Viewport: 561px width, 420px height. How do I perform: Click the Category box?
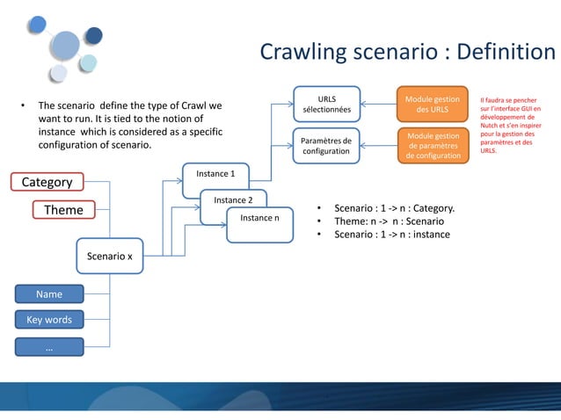tap(47, 182)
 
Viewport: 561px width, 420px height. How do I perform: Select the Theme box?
tap(63, 210)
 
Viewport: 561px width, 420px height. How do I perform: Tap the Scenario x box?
tap(109, 257)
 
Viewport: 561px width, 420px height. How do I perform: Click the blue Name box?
tap(48, 293)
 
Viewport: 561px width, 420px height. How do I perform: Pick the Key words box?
tap(48, 320)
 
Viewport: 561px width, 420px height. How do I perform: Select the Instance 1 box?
tap(215, 174)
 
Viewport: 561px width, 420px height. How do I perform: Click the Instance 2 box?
tap(233, 200)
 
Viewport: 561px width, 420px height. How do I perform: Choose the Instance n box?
tap(259, 218)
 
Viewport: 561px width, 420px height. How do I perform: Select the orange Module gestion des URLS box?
tap(432, 105)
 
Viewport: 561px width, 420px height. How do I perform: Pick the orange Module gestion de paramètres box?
tap(432, 146)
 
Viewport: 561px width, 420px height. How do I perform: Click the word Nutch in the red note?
tap(492, 125)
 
